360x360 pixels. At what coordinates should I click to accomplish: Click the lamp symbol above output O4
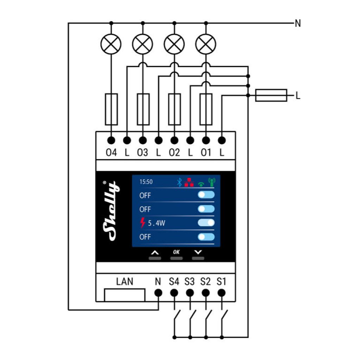(111, 44)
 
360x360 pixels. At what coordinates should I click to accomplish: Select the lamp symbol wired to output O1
(206, 44)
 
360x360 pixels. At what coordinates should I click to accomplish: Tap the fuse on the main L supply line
(271, 95)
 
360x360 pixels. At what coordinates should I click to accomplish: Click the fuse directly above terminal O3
(143, 109)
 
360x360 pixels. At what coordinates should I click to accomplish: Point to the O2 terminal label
(174, 153)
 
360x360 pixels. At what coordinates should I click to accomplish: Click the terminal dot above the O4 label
(111, 141)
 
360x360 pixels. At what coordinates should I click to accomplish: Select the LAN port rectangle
(125, 295)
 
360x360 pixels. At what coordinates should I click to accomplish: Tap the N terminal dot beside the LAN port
(158, 292)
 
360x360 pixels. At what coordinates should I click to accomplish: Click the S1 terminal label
(221, 282)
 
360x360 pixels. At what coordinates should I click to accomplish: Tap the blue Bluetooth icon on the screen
(179, 182)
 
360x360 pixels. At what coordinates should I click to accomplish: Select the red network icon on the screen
(189, 182)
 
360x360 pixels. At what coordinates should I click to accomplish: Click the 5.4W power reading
(156, 223)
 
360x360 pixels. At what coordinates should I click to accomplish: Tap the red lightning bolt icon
(142, 223)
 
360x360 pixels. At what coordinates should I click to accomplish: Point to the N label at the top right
(298, 24)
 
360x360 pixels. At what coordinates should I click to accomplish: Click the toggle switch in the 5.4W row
(206, 223)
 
